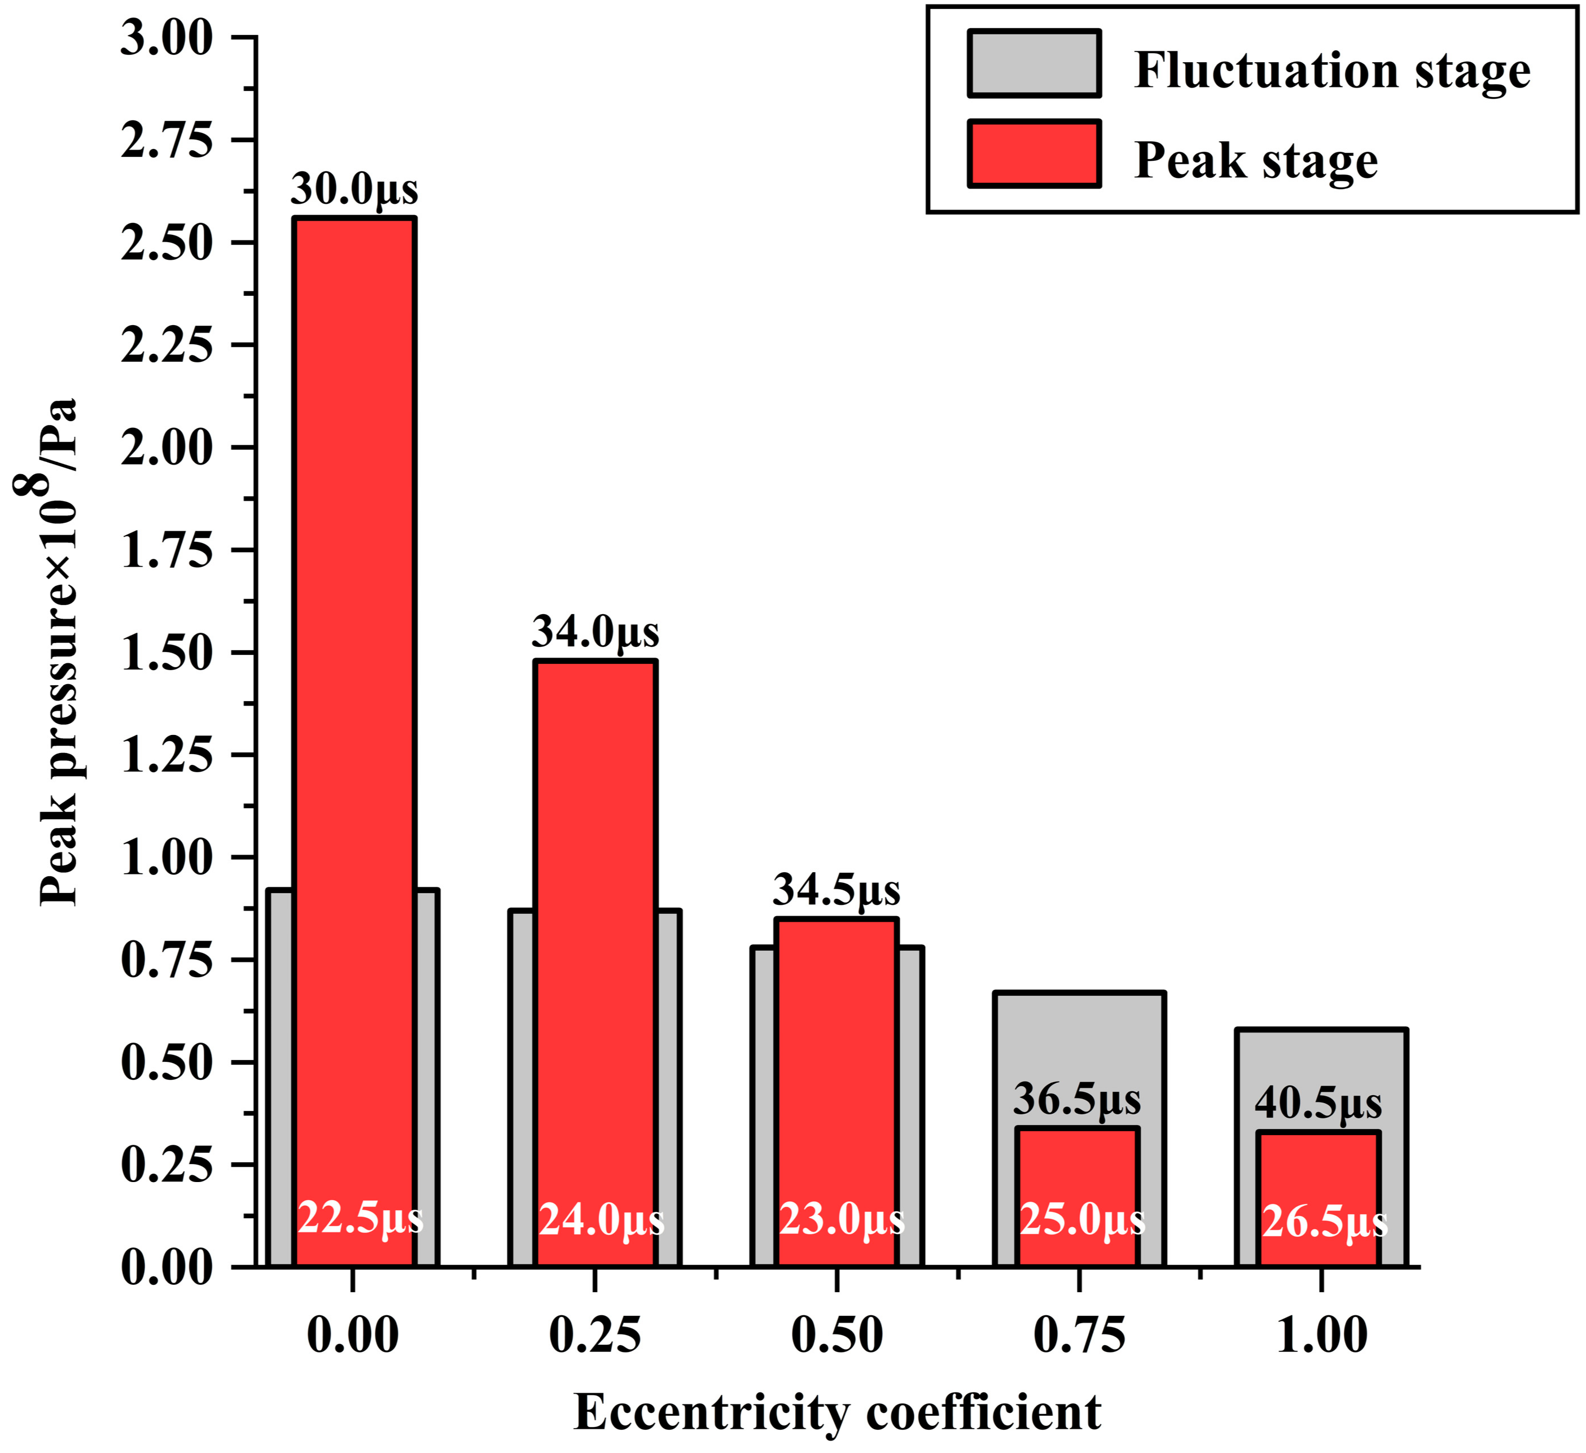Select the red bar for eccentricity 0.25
(x=595, y=905)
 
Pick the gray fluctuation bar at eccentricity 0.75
(x=1079, y=1054)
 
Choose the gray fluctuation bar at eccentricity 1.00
(x=1321, y=1078)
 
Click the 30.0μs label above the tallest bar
(x=354, y=189)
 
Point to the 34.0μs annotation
(x=595, y=632)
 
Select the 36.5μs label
(x=1077, y=1099)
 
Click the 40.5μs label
(x=1318, y=1103)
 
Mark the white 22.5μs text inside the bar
(x=360, y=1219)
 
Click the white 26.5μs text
(x=1325, y=1222)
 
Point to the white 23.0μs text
(x=842, y=1219)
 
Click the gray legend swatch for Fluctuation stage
(x=1034, y=64)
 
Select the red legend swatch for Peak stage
(x=1034, y=154)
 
